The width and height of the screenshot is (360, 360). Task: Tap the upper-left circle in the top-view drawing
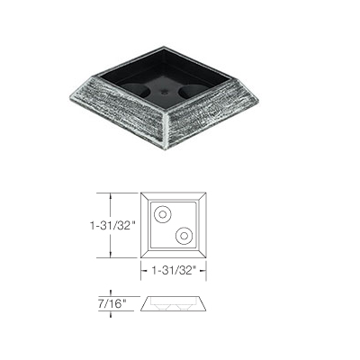[163, 214]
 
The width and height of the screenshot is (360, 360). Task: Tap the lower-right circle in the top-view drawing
[184, 235]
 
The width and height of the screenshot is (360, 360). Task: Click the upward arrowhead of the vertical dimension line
[110, 193]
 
